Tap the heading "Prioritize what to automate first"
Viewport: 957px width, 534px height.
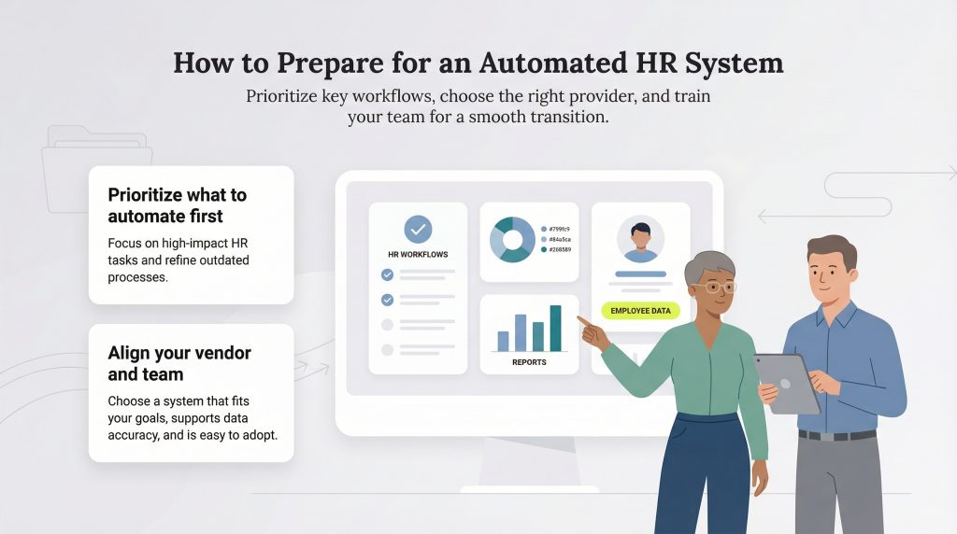point(178,205)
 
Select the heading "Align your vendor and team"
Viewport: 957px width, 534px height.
point(179,363)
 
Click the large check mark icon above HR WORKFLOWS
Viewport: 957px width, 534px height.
point(418,230)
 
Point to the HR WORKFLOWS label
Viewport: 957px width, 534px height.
point(418,254)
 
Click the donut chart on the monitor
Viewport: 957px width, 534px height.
point(512,240)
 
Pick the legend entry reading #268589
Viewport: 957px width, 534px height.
point(558,249)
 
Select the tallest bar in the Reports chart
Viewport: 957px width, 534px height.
point(556,328)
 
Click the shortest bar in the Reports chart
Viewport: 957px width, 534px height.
point(503,341)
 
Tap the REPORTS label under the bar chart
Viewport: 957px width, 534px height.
point(529,362)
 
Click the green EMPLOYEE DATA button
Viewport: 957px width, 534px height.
point(640,311)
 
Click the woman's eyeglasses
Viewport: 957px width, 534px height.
point(716,288)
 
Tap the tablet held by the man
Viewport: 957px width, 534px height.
point(787,382)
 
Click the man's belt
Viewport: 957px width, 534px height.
point(836,435)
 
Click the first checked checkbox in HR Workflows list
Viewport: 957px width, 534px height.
point(387,274)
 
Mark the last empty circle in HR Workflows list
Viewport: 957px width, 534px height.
point(387,350)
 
